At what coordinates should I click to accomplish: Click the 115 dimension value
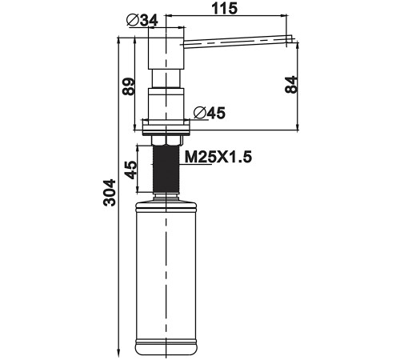[x=224, y=8]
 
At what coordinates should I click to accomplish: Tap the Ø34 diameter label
[x=142, y=20]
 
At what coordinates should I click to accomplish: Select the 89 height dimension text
[x=128, y=86]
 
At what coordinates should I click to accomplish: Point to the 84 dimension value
[x=290, y=84]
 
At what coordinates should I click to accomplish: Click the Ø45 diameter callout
[x=210, y=113]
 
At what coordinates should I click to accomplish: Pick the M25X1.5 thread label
[x=218, y=157]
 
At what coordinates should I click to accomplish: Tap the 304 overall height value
[x=110, y=193]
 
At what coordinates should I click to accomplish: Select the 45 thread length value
[x=130, y=170]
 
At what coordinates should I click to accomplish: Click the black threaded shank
[x=166, y=169]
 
